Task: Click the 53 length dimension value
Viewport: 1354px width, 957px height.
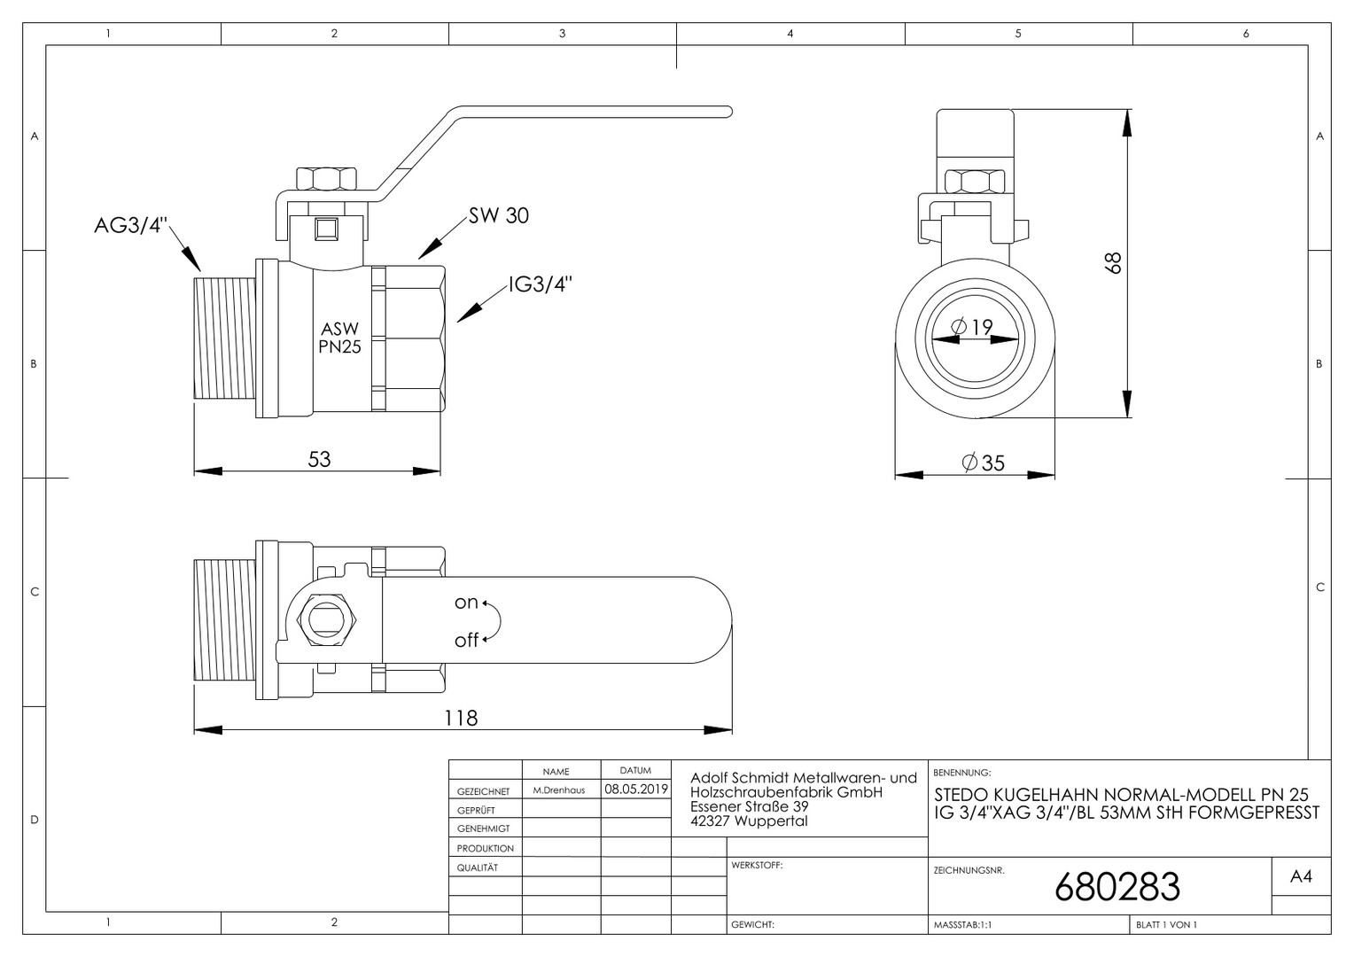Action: click(x=319, y=460)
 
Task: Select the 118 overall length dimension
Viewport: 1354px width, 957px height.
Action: click(x=461, y=719)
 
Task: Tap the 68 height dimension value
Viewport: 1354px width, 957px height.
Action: click(x=1113, y=263)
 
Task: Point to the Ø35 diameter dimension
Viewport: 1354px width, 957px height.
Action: click(x=983, y=463)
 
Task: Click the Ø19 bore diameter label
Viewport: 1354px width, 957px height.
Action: click(x=972, y=327)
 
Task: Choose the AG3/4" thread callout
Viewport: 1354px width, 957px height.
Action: click(x=130, y=225)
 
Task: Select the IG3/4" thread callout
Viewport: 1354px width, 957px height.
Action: click(x=540, y=284)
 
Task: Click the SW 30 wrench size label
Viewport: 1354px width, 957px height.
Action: click(x=499, y=215)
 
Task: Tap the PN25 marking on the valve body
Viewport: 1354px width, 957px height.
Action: click(x=339, y=347)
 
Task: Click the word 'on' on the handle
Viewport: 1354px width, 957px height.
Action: click(x=466, y=603)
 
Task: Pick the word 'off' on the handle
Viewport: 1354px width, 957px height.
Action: click(x=467, y=640)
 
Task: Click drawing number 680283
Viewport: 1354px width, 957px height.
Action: click(x=1117, y=887)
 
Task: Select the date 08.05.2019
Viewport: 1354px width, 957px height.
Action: click(x=636, y=789)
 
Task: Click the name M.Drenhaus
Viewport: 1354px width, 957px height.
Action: click(x=558, y=790)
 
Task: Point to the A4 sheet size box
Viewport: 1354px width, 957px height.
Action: click(x=1301, y=876)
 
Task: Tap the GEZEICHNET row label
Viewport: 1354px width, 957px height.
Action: click(x=484, y=791)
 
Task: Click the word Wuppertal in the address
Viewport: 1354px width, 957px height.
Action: click(x=771, y=821)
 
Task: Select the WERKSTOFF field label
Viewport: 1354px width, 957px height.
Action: click(x=757, y=865)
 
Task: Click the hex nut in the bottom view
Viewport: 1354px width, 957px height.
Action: click(x=326, y=619)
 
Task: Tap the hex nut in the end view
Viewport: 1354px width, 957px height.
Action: click(x=975, y=182)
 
